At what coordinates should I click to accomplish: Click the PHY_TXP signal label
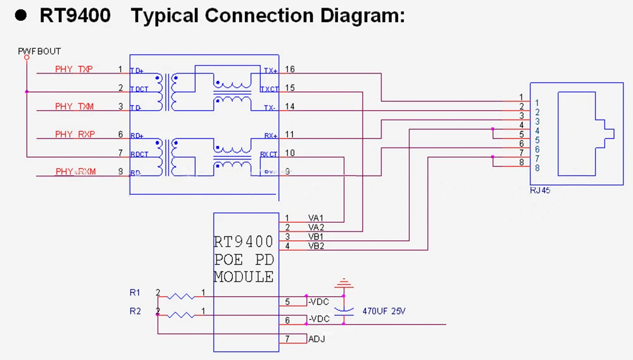(74, 70)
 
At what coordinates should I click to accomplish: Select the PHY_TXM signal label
(74, 107)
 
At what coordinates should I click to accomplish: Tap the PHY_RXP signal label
(74, 134)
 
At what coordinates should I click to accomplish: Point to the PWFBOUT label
(39, 51)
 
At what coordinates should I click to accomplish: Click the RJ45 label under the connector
(539, 189)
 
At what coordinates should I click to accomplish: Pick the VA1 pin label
(316, 218)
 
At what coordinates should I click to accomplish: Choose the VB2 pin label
(316, 246)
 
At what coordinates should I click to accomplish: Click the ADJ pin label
(316, 339)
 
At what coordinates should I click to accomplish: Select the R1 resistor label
(134, 292)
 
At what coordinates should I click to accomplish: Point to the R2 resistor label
(134, 311)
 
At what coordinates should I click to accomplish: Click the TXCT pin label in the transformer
(269, 89)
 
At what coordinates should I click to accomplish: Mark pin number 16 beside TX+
(290, 70)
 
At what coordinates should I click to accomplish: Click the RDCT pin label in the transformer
(139, 154)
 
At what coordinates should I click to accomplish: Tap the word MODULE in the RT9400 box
(244, 277)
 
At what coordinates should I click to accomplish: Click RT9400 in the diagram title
(75, 16)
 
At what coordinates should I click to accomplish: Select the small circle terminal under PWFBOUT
(27, 58)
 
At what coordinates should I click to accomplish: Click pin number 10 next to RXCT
(290, 153)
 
